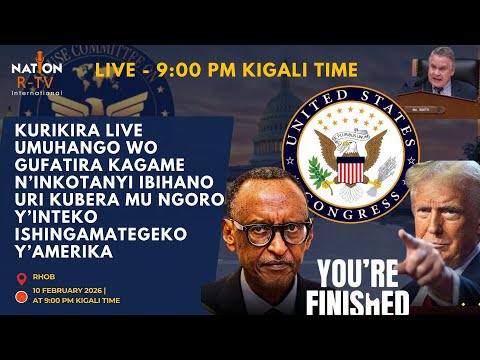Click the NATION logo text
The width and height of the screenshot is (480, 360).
point(37,68)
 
